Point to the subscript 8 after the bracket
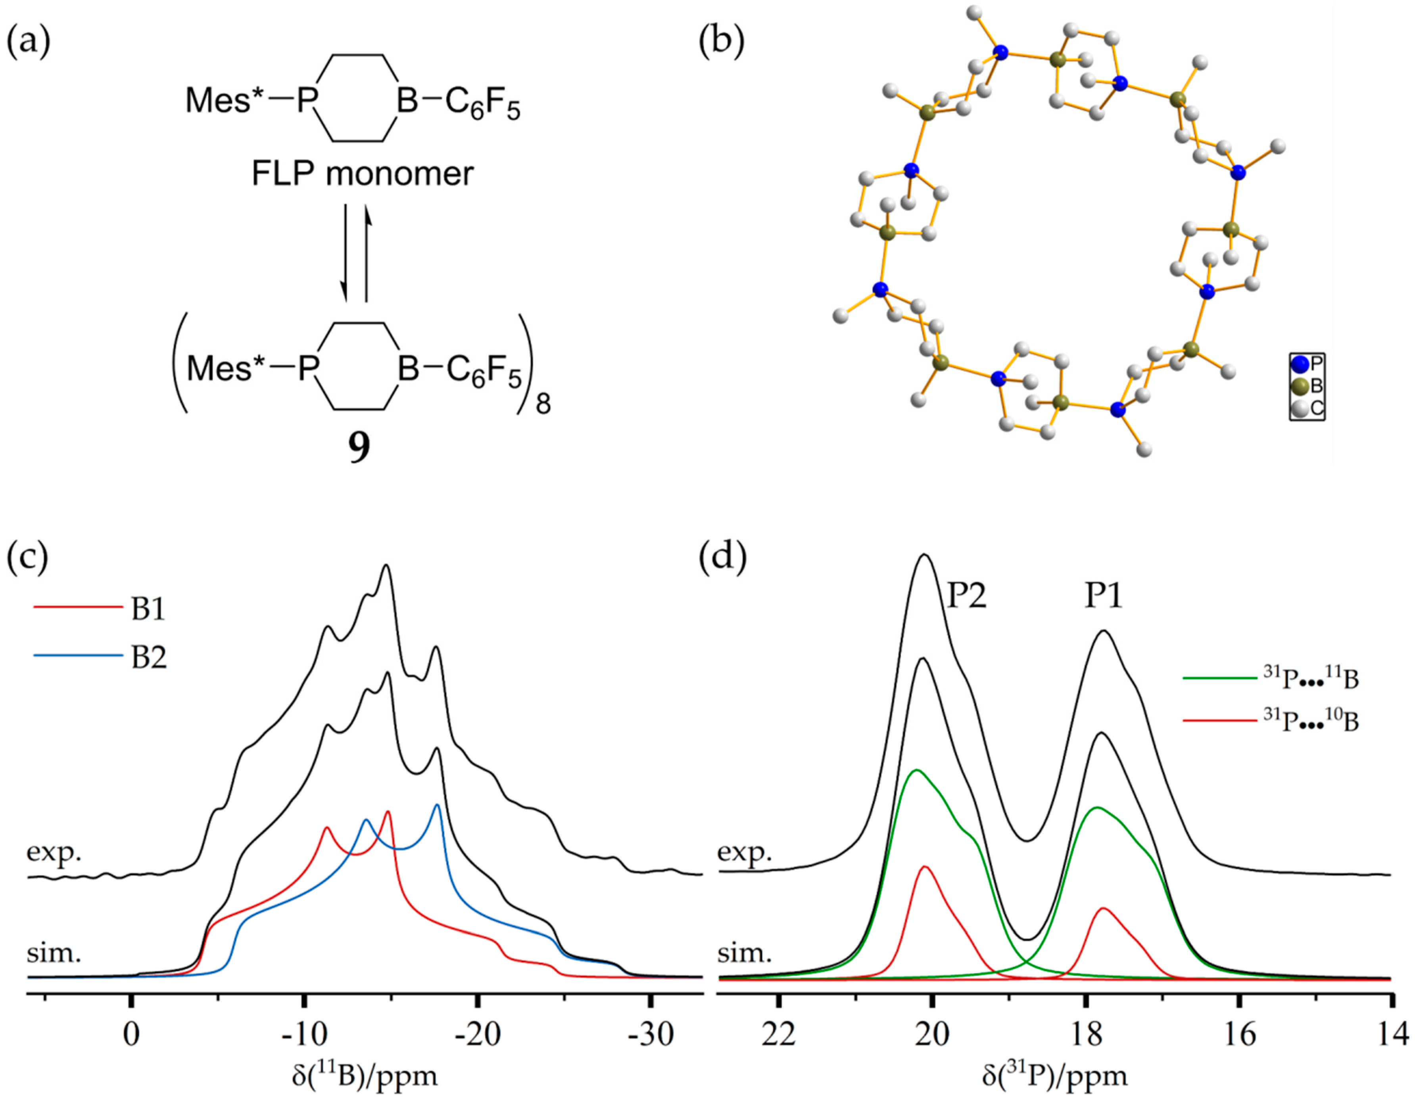tap(543, 406)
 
